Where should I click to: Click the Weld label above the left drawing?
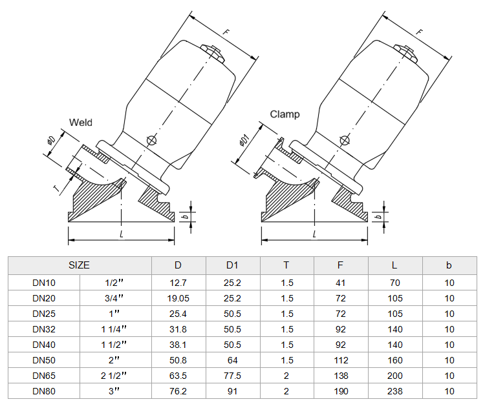pos(81,122)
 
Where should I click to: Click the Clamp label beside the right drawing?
pos(285,114)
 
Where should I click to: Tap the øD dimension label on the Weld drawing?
pos(51,141)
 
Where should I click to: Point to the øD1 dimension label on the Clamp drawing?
pos(244,140)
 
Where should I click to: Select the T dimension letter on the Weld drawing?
pos(56,188)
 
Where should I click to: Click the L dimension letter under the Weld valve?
pos(122,234)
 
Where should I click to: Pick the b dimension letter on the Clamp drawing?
pos(378,216)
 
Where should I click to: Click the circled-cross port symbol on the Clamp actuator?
pos(345,141)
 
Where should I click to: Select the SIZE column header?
pos(79,265)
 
